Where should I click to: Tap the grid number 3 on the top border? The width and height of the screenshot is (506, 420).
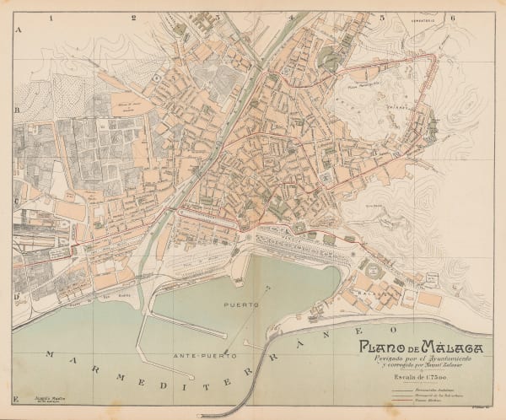[x=218, y=17]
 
